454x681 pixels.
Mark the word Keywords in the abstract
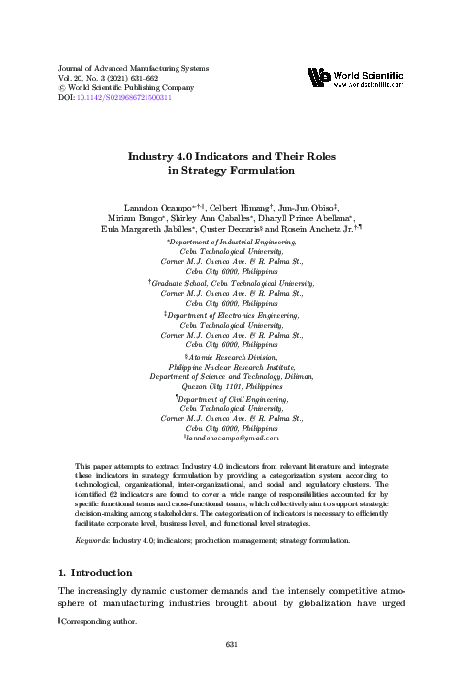93,538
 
